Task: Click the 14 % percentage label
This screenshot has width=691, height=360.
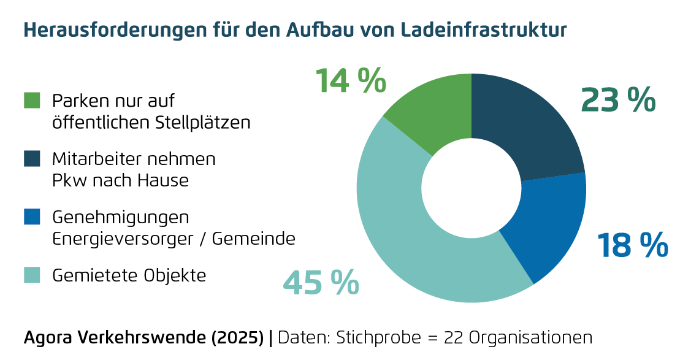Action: pos(350,81)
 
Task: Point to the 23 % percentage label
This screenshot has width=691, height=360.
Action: pos(617,100)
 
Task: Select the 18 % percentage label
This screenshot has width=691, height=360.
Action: pos(632,245)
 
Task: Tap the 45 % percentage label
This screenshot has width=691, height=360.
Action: pos(321,282)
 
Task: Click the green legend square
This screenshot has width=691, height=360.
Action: pos(32,101)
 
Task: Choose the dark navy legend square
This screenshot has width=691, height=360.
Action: pos(32,159)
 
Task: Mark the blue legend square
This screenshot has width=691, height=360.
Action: pos(32,217)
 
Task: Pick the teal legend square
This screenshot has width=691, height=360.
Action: pos(32,275)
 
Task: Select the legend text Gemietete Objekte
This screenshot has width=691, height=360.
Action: pos(129,276)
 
